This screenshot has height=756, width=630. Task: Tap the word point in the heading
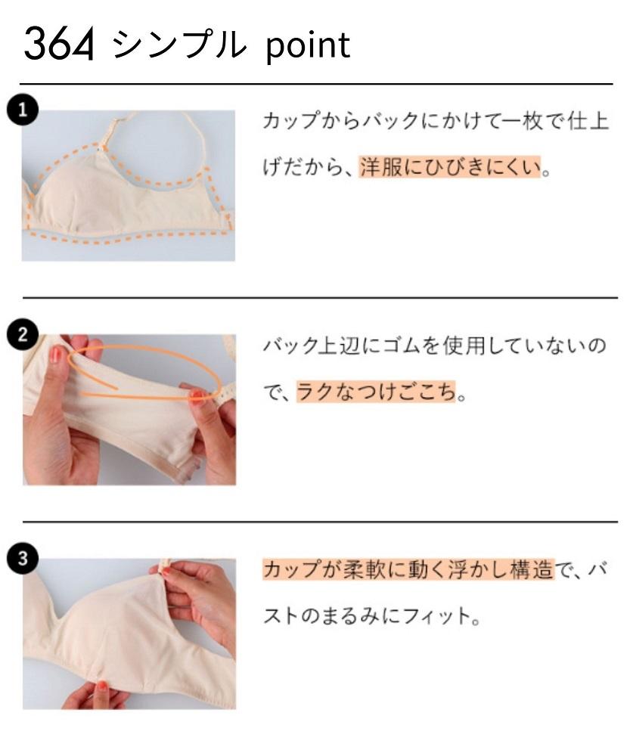[309, 46]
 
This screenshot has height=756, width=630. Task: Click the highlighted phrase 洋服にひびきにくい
[451, 167]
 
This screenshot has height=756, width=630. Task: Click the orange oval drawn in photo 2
[144, 370]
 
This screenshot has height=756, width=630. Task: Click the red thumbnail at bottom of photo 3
[101, 686]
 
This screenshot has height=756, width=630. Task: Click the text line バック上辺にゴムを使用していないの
[435, 347]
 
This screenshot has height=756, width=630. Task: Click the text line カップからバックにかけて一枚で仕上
[435, 122]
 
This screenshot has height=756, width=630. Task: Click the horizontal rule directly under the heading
[316, 84]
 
